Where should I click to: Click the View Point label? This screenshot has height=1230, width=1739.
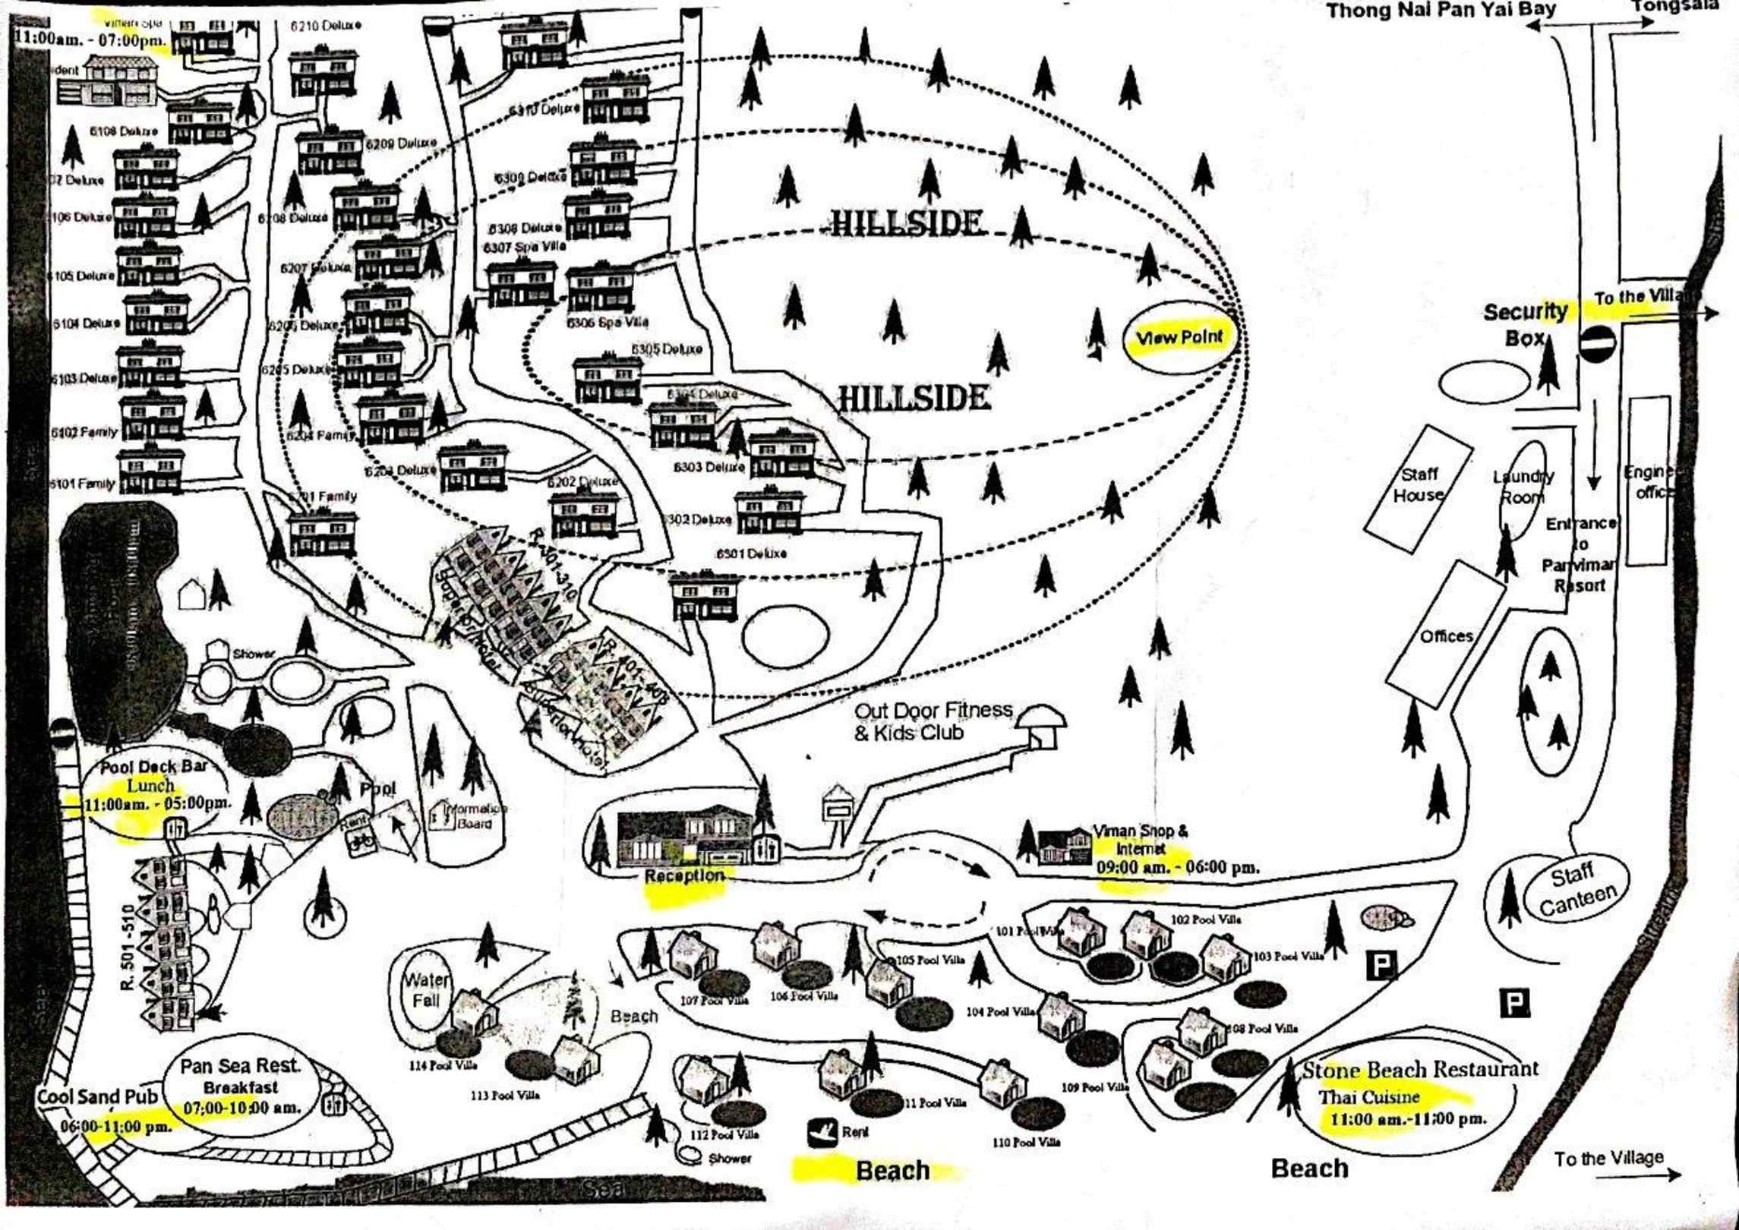point(1179,338)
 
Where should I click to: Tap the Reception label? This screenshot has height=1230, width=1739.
point(684,875)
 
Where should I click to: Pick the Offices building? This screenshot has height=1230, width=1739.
point(1445,635)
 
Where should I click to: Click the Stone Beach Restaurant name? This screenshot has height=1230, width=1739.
point(1420,1070)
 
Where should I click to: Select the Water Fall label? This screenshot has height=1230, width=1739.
point(426,990)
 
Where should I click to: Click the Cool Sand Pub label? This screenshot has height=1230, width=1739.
point(97,1096)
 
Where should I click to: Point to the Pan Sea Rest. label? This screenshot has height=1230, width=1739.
point(241,1066)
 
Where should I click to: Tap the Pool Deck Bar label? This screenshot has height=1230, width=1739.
point(154,767)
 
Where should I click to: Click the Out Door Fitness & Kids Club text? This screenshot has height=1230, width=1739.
point(933,721)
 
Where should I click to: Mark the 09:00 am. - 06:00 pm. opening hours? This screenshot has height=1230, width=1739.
point(1177,867)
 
